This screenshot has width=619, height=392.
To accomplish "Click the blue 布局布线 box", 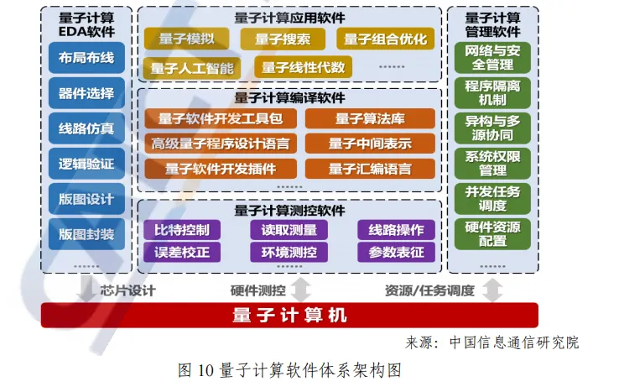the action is pyautogui.click(x=86, y=59).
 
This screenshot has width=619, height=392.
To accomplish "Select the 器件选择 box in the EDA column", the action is pyautogui.click(x=86, y=94).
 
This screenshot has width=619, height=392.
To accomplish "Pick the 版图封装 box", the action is pyautogui.click(x=86, y=234).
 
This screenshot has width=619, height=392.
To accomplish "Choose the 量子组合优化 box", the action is pyautogui.click(x=385, y=39).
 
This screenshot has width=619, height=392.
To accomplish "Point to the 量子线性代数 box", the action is pyautogui.click(x=303, y=67).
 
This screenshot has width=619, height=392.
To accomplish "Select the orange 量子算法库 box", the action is pyautogui.click(x=370, y=118).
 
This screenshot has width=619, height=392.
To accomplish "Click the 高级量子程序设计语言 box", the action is pyautogui.click(x=221, y=144).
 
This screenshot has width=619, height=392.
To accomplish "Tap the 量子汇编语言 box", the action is pyautogui.click(x=370, y=169).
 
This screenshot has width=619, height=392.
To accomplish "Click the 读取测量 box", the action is pyautogui.click(x=289, y=229).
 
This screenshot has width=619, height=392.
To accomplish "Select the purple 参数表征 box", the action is pyautogui.click(x=396, y=251).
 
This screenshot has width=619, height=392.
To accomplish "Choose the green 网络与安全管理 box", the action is pyautogui.click(x=492, y=58).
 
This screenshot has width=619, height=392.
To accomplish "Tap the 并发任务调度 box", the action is pyautogui.click(x=492, y=198).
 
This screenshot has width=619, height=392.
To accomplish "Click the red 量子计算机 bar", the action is pyautogui.click(x=289, y=316).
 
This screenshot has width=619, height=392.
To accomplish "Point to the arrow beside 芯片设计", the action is pyautogui.click(x=85, y=290).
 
